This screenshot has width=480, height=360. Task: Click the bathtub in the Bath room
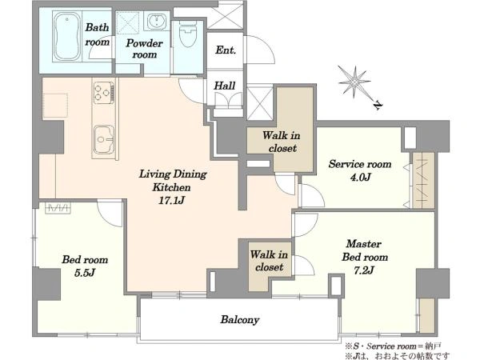point(67,37)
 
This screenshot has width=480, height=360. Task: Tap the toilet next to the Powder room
point(188,34)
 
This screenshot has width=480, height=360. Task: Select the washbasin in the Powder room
point(157,21)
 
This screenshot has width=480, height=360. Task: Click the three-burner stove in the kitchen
point(104,91)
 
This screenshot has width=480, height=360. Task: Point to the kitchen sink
point(104,139)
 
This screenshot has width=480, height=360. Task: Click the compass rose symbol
point(354,82)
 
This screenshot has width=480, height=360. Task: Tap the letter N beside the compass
point(378,105)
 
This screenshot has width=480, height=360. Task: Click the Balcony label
point(240,319)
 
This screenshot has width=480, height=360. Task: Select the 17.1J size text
point(172,200)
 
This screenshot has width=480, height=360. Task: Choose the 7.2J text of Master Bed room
point(364,270)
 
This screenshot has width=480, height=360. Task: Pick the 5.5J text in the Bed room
point(85,273)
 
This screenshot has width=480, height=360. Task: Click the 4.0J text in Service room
point(360,177)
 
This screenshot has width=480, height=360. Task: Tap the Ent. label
point(226,50)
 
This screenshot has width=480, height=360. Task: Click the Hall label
point(225,86)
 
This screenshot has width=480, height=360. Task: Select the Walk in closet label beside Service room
point(282,142)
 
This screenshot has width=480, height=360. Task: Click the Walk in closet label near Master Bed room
point(269,261)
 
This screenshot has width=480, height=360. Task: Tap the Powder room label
point(144,49)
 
